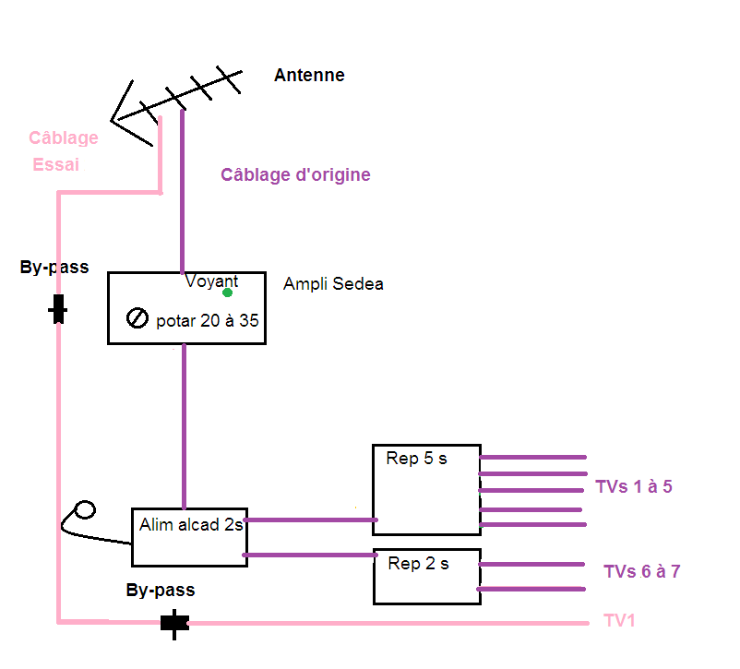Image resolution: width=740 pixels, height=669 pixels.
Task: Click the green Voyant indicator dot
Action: click(x=227, y=293)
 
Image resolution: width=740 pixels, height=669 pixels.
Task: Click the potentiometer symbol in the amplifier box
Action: click(x=137, y=318)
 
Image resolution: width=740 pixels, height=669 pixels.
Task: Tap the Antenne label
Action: click(x=309, y=75)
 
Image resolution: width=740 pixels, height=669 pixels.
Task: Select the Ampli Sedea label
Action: click(x=333, y=283)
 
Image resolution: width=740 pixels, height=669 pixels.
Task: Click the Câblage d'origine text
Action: click(x=295, y=174)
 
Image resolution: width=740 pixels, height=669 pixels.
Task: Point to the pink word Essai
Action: click(x=55, y=164)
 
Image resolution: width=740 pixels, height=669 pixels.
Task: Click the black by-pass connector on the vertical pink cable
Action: click(x=58, y=309)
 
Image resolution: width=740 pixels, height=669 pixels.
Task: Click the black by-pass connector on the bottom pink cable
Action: click(x=174, y=623)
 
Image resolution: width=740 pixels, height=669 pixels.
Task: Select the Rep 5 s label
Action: click(x=416, y=459)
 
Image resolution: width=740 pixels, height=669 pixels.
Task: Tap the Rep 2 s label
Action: click(x=418, y=563)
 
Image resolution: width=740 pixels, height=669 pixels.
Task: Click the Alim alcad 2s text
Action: click(x=191, y=524)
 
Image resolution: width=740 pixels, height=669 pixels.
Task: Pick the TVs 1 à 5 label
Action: click(x=634, y=486)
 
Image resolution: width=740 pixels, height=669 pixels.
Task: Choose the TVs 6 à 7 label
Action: click(x=642, y=571)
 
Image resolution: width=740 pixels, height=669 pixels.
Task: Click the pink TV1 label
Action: click(x=619, y=620)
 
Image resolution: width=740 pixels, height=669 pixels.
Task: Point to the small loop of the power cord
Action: click(x=85, y=510)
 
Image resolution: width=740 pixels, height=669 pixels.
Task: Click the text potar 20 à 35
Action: click(x=208, y=320)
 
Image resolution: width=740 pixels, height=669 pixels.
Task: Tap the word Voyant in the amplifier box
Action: click(x=211, y=281)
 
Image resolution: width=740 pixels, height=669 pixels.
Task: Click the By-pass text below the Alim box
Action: click(x=161, y=591)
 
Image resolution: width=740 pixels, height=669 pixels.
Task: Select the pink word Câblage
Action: click(x=64, y=137)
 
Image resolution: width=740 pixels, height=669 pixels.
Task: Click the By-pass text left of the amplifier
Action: click(x=54, y=268)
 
